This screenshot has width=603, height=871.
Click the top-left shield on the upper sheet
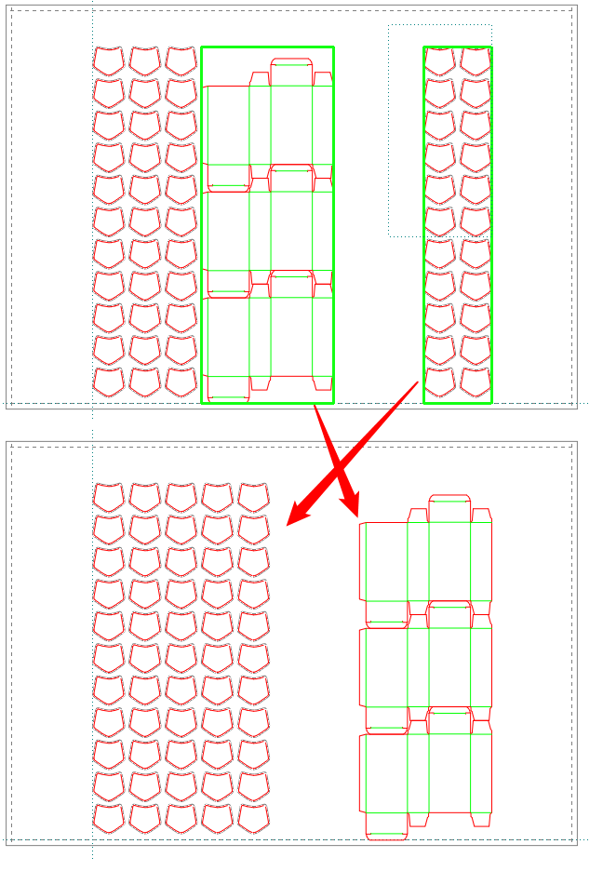pyautogui.click(x=109, y=61)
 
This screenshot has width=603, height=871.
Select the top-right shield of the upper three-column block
pyautogui.click(x=181, y=61)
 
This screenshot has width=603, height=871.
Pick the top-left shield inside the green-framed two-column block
pyautogui.click(x=439, y=61)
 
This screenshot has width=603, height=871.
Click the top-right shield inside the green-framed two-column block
pyautogui.click(x=475, y=61)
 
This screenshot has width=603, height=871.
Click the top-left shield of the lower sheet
pyautogui.click(x=109, y=497)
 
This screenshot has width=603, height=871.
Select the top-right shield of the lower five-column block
pyautogui.click(x=253, y=497)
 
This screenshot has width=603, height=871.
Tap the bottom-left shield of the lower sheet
pyautogui.click(x=109, y=818)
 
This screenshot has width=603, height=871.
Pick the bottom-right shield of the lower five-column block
pyautogui.click(x=253, y=818)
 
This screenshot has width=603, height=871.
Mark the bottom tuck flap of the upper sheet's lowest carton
pyautogui.click(x=227, y=396)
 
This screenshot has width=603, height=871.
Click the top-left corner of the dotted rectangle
pyautogui.click(x=389, y=25)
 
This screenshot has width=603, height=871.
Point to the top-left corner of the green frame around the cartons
pyautogui.click(x=202, y=47)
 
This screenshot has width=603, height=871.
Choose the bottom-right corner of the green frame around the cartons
pyautogui.click(x=333, y=403)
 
